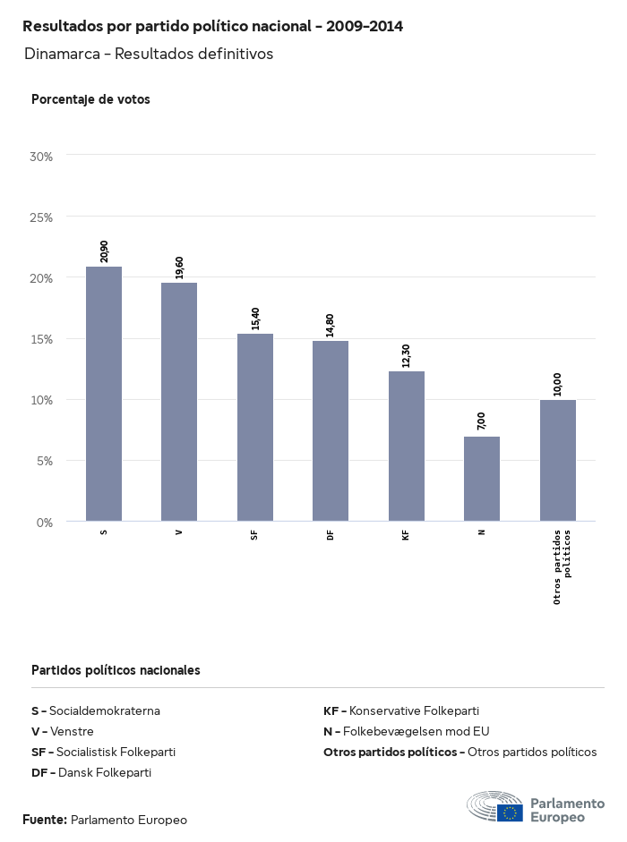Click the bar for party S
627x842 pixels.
tap(104, 394)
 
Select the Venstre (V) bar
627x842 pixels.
tap(179, 402)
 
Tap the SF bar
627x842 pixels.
tap(255, 427)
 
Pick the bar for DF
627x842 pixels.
tap(331, 430)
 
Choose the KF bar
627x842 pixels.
tap(407, 446)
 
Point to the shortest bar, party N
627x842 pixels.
tap(482, 479)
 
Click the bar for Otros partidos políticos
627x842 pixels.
tap(558, 460)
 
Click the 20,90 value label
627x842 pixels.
tap(104, 251)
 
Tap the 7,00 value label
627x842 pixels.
tap(482, 421)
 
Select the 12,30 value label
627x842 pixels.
tap(407, 356)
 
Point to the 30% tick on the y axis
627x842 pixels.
tap(42, 157)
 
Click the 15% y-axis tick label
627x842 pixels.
tap(42, 339)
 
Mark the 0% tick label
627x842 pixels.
tap(45, 522)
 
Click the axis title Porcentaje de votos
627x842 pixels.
tap(90, 99)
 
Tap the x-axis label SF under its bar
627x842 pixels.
tap(255, 534)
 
